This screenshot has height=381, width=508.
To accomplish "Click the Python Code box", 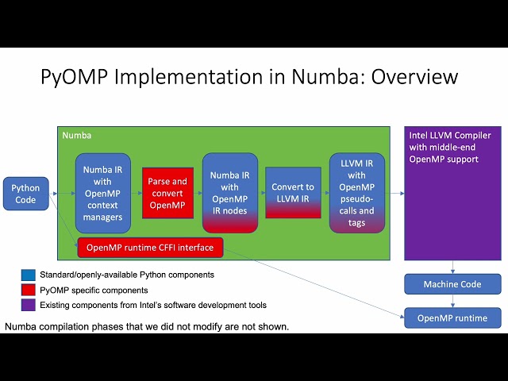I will (25, 194).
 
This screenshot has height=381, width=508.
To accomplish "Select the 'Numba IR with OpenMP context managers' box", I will (102, 193).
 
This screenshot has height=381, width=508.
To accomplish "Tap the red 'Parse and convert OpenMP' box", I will (167, 194).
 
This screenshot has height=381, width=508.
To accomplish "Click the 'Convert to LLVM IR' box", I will (293, 193).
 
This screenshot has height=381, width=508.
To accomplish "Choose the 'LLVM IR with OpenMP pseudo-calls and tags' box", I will (356, 193).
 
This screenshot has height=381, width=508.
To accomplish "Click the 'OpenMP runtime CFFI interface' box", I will (150, 248).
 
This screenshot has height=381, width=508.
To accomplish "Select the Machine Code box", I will (452, 284).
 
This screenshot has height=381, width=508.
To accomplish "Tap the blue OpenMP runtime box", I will (452, 318).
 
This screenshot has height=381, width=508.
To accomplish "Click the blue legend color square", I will (27, 275).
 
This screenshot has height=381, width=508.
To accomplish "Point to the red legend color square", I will (27, 291).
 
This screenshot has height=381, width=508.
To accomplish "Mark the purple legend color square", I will (27, 305).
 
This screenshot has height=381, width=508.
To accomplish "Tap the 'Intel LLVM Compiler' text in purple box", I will (450, 136).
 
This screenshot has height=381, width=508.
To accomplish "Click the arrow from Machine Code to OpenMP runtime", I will (452, 301).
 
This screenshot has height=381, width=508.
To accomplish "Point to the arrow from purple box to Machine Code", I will (452, 267).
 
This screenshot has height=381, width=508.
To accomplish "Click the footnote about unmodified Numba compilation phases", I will (147, 326).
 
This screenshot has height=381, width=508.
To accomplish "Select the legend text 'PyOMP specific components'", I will (93, 291).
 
